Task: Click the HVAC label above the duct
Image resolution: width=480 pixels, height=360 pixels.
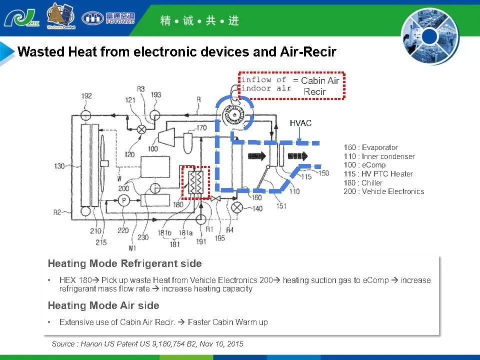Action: (x=300, y=122)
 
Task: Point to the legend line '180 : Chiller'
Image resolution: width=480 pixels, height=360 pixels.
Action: (x=363, y=183)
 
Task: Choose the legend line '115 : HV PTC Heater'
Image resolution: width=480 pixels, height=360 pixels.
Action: (x=378, y=174)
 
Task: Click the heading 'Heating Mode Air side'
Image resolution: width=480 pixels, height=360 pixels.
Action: (x=103, y=305)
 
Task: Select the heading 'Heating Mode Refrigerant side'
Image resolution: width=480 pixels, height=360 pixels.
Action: (x=124, y=263)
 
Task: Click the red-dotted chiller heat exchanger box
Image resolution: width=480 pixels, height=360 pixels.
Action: (x=194, y=182)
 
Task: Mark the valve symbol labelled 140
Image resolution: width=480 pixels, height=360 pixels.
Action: (x=238, y=205)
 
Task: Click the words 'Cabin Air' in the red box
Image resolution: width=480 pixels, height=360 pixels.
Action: (x=320, y=81)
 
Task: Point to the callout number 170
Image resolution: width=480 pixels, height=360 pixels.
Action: (x=201, y=128)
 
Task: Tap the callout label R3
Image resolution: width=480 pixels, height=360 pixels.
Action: (x=140, y=89)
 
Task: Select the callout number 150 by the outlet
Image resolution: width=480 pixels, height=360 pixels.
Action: (x=324, y=173)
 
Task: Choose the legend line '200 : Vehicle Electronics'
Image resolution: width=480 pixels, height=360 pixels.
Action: (x=383, y=191)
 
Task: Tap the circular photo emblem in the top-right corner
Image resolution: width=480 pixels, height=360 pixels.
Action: (x=429, y=35)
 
